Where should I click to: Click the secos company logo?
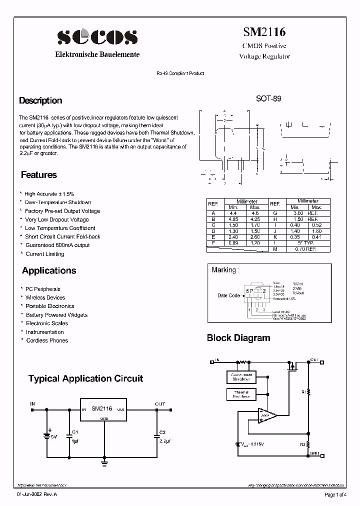click(x=97, y=37)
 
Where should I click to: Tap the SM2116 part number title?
click(x=264, y=32)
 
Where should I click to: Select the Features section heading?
click(x=39, y=175)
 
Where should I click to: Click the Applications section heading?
click(x=49, y=270)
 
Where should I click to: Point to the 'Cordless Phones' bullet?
click(x=46, y=340)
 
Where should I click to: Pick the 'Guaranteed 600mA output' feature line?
click(x=57, y=245)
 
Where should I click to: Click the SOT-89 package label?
click(x=268, y=99)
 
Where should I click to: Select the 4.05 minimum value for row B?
click(x=233, y=219)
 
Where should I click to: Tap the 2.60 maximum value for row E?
click(x=255, y=237)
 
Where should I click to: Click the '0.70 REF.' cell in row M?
click(x=305, y=249)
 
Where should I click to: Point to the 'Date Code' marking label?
click(x=228, y=295)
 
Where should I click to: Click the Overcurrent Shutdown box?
click(x=241, y=377)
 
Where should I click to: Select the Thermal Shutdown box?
click(x=241, y=395)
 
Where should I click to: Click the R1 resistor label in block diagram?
click(x=303, y=392)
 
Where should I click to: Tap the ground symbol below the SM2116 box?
click(x=104, y=463)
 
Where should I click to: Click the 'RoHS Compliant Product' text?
click(x=180, y=73)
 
